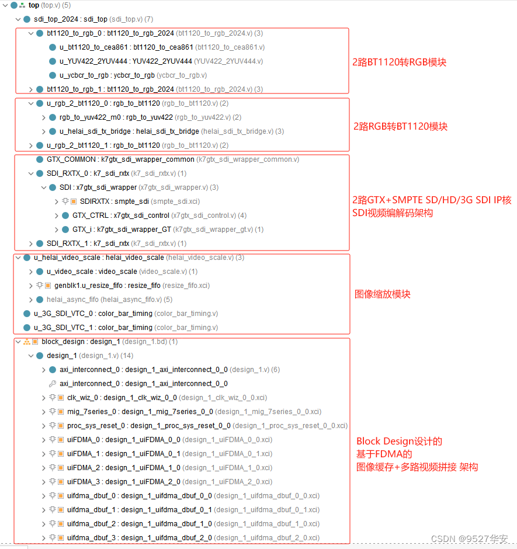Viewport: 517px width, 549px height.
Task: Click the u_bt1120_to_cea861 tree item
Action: click(126, 47)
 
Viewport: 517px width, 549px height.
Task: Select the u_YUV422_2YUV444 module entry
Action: click(126, 61)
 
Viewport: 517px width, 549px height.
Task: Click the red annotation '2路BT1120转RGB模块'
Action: click(399, 62)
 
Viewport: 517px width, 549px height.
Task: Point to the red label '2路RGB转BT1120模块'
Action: click(400, 126)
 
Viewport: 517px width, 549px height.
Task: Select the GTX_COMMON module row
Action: click(120, 159)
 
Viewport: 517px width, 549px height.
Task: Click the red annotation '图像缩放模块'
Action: click(383, 294)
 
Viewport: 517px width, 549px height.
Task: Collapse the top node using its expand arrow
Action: click(5, 5)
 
